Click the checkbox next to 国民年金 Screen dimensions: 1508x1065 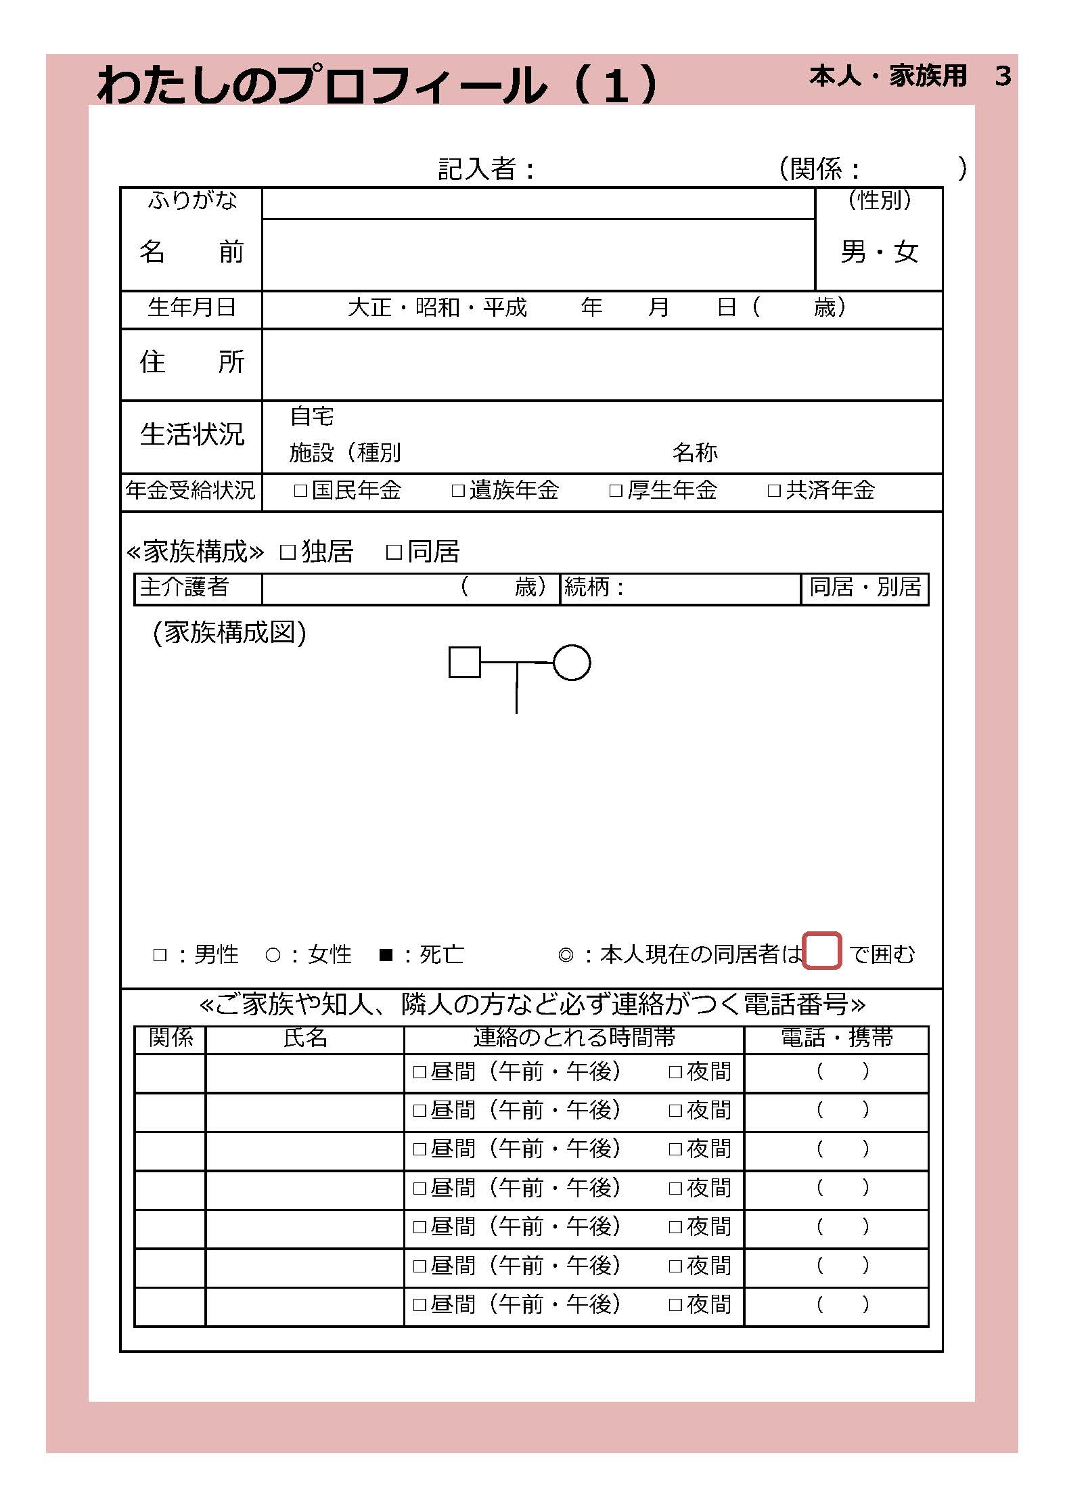[x=300, y=491]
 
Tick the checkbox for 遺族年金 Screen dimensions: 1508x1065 [x=458, y=491]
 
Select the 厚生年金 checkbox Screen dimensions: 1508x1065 [x=616, y=491]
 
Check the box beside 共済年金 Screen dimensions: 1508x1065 [x=774, y=491]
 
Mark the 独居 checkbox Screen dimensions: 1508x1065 [x=288, y=552]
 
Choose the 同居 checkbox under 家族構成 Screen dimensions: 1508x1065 [x=394, y=552]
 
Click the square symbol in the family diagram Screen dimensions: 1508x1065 [x=465, y=662]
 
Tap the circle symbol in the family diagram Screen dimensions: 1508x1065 [x=572, y=663]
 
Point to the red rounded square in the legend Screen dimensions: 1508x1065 [x=822, y=951]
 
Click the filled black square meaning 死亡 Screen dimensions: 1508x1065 [x=386, y=955]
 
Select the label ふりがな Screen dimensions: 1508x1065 [x=192, y=200]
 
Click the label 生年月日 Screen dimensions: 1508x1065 [x=191, y=308]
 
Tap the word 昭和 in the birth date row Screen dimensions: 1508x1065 [x=437, y=308]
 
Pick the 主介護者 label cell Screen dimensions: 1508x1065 [x=185, y=587]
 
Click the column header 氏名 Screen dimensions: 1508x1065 [x=304, y=1038]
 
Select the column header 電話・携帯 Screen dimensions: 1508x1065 [x=837, y=1038]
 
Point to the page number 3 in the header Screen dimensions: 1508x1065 [x=1003, y=76]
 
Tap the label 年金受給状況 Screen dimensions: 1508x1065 [x=191, y=490]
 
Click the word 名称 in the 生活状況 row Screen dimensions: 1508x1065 [x=695, y=452]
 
